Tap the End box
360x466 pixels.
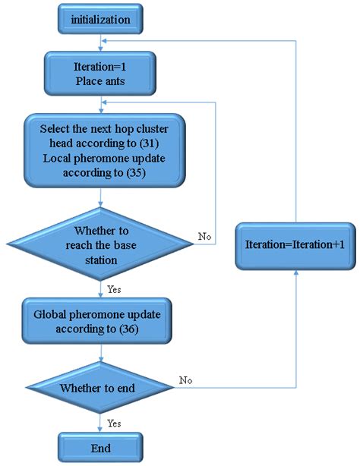99,448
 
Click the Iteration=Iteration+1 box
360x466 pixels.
294,245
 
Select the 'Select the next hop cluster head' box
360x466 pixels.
100,150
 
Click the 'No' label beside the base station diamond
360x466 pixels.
204,237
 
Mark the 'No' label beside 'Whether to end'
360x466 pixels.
186,379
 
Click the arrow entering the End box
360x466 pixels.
100,425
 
